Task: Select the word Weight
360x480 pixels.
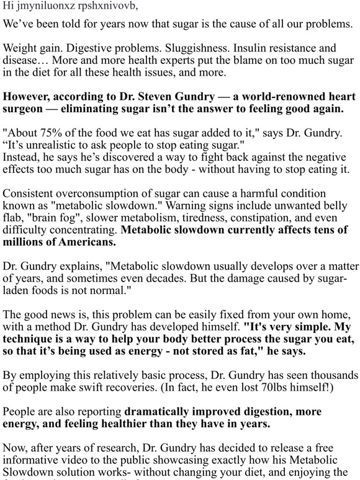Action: (19, 48)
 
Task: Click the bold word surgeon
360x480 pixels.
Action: (24, 110)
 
